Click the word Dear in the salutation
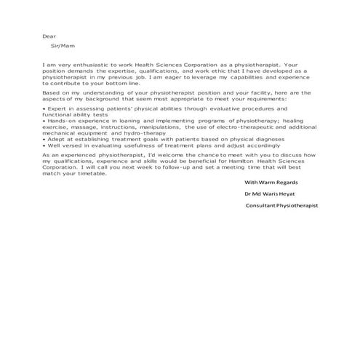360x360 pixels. (49, 36)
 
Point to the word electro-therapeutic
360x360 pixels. (241, 127)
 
